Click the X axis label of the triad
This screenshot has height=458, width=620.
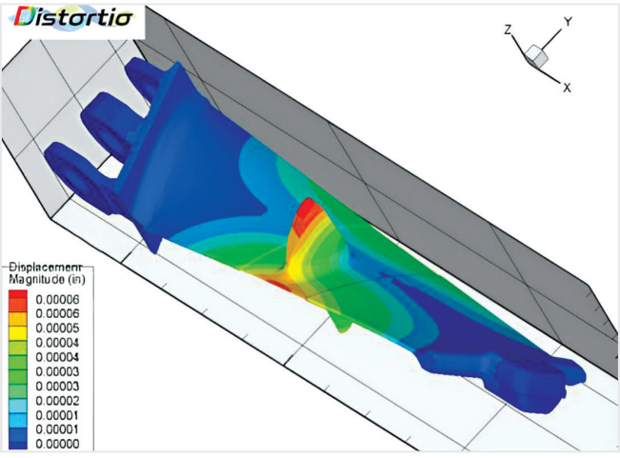coord(567,88)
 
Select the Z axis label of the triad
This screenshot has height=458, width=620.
coord(510,30)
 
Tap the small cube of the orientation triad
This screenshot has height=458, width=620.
coord(539,56)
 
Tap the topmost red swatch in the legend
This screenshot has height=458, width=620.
coord(18,295)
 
